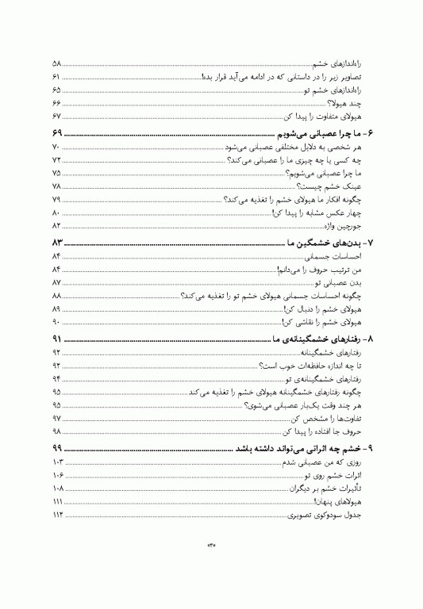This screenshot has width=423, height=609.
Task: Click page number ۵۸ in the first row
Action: pos(56,62)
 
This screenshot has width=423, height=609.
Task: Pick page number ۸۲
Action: pos(56,225)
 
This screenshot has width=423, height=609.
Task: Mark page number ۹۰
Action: pos(56,323)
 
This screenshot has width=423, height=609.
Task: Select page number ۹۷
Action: pos(56,419)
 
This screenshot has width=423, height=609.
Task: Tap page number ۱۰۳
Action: pos(57,462)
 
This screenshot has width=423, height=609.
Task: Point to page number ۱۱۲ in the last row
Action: pos(57,516)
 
